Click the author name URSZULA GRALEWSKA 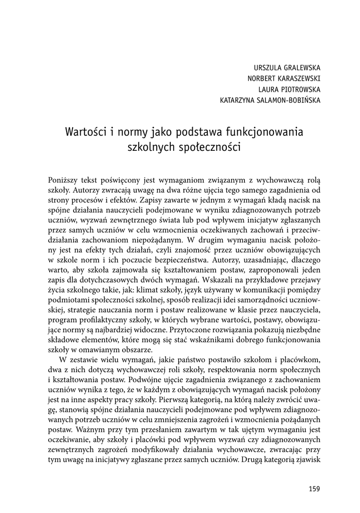point(287,68)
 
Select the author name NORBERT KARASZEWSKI point(284,79)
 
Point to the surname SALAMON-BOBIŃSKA point(290,100)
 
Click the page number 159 point(314,489)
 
